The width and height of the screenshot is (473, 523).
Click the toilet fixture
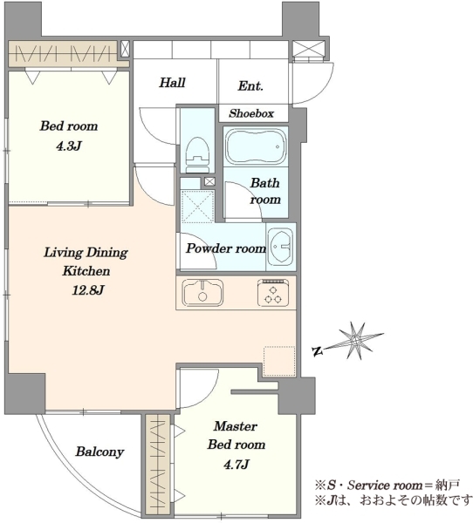[x=197, y=154]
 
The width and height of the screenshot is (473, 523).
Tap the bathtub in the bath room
[x=257, y=146]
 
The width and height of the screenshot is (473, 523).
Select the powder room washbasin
[x=281, y=247]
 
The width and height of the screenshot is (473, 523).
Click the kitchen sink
[x=202, y=293]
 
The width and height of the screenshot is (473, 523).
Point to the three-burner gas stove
[x=273, y=293]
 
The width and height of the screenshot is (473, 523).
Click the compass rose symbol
[x=356, y=341]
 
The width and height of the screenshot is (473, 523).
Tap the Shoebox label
[x=251, y=113]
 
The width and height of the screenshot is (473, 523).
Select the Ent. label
[x=250, y=86]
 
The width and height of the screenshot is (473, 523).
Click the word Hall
[x=172, y=83]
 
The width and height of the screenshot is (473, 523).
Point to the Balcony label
[x=99, y=452]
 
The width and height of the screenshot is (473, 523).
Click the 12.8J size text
[x=88, y=290]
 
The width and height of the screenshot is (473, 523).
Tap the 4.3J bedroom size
[x=69, y=146]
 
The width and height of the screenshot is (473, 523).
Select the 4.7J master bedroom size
[x=236, y=464]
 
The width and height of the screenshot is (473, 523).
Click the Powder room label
[x=226, y=248]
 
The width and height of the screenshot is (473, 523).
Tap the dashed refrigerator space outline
[x=279, y=361]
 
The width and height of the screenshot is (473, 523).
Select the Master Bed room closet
[x=158, y=464]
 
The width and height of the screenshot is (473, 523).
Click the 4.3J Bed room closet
[x=64, y=53]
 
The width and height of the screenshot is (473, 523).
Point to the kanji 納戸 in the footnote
[x=447, y=485]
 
